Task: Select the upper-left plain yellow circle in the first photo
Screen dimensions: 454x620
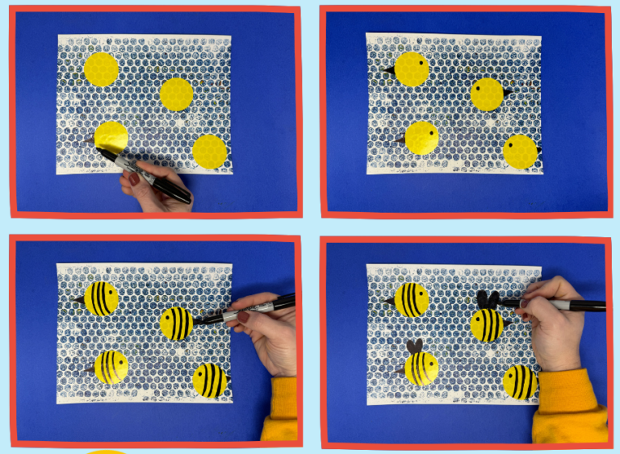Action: coord(101,69)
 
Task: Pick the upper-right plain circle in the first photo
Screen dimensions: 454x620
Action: coord(176,94)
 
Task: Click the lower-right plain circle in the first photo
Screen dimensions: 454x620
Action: coord(209,152)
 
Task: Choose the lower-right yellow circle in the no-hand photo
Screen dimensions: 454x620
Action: coord(520,152)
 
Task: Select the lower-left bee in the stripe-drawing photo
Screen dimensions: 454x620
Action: coord(111,367)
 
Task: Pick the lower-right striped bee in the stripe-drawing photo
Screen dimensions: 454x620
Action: coord(210,381)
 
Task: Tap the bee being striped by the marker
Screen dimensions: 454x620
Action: coord(177,323)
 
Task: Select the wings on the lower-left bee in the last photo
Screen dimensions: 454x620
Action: coord(414,347)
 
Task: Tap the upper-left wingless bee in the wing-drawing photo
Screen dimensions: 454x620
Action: coord(411,300)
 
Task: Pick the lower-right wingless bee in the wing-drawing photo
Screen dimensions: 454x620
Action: coord(520,382)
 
